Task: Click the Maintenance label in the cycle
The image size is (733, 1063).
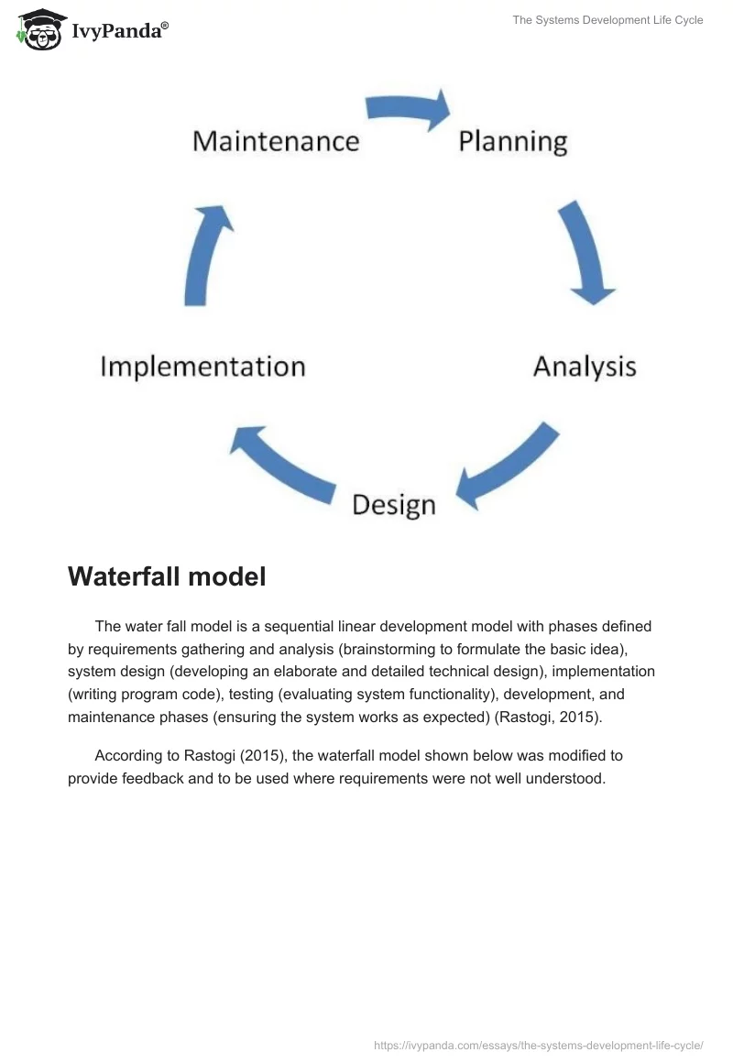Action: pos(276,141)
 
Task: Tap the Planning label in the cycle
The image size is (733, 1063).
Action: pos(513,141)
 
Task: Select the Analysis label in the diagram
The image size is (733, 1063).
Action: pos(585,367)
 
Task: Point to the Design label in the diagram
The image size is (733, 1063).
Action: pos(394,504)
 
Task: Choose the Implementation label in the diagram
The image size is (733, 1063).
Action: pos(202,367)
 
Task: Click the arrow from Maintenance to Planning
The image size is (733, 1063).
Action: pos(409,109)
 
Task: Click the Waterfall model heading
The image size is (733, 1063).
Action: pos(167,576)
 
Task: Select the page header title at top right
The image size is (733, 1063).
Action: pos(607,20)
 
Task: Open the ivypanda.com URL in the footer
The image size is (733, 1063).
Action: pos(539,1045)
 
